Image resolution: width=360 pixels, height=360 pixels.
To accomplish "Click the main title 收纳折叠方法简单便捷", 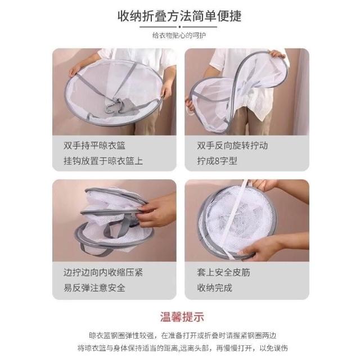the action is click(179, 16).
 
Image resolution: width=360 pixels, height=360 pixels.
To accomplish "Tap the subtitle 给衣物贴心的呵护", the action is click(179, 35).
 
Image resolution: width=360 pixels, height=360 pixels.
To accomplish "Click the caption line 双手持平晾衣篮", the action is click(94, 146).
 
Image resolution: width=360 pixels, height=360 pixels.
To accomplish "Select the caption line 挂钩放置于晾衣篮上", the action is click(103, 161).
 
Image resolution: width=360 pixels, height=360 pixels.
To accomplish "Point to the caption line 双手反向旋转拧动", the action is click(232, 146).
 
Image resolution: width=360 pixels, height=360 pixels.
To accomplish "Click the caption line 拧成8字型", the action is click(217, 161).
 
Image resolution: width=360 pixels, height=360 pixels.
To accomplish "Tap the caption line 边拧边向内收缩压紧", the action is click(103, 272).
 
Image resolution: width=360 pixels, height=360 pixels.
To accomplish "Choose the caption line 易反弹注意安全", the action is click(94, 287).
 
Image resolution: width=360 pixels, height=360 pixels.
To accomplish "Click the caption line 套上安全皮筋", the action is click(223, 272).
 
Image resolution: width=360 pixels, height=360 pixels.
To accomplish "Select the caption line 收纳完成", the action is click(214, 287).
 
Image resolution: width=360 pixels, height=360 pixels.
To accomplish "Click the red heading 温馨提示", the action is click(182, 317).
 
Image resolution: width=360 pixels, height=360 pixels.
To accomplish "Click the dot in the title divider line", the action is click(179, 27).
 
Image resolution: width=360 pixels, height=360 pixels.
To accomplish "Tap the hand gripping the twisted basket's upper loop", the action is click(277, 54).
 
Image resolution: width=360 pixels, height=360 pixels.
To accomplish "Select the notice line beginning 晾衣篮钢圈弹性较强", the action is click(182, 336).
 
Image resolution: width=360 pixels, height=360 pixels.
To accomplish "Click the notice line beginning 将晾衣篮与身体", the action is click(182, 348).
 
